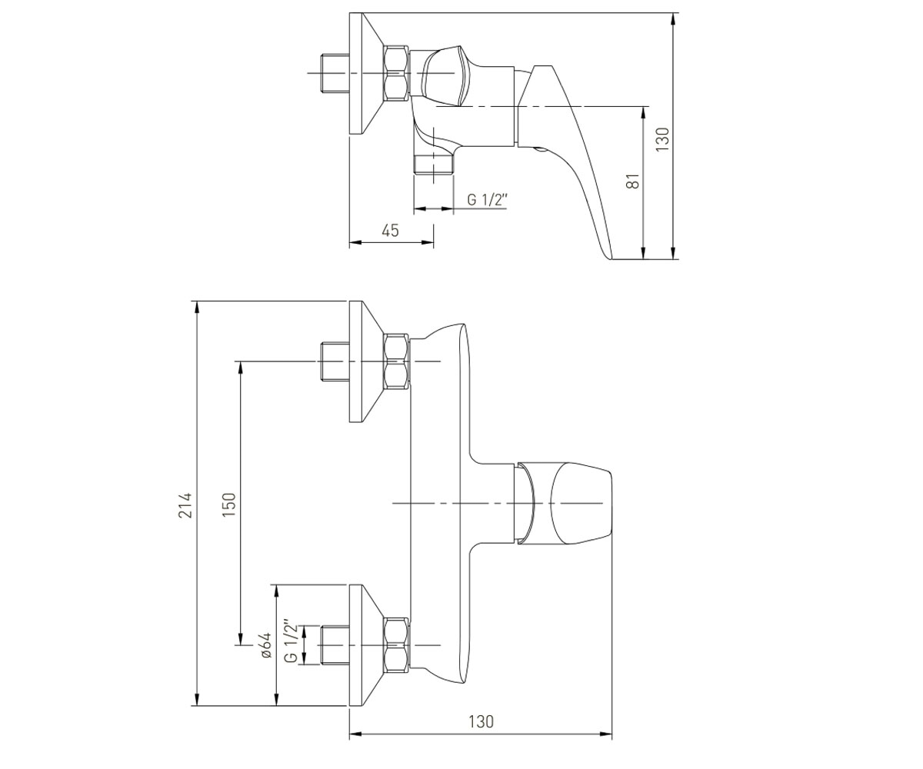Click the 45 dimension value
click(390, 230)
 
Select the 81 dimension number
click(634, 180)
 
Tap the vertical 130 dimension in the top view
click(662, 140)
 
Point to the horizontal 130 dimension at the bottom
click(481, 722)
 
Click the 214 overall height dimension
click(186, 504)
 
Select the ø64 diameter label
click(265, 646)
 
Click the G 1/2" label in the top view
click(486, 200)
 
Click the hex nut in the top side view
click(395, 74)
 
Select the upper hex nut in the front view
click(395, 361)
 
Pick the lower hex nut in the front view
click(395, 645)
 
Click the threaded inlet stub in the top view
click(335, 74)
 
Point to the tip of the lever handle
click(610, 258)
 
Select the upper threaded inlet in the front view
click(335, 361)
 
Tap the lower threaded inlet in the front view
click(335, 645)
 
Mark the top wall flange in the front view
click(366, 361)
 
